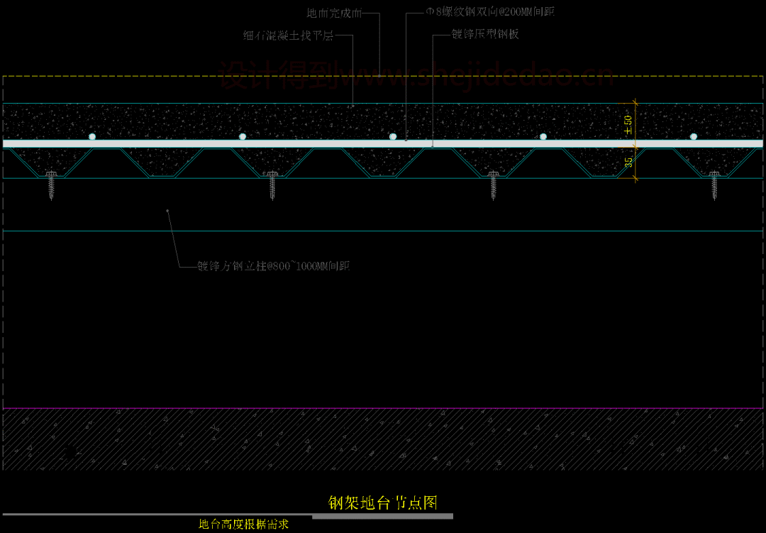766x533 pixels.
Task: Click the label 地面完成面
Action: (x=334, y=13)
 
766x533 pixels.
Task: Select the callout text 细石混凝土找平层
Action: (x=287, y=35)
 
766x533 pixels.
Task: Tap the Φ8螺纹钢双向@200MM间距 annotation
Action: (x=489, y=12)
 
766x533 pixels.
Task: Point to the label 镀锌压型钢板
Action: (x=485, y=34)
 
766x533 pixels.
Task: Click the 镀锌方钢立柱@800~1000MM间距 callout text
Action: (x=274, y=267)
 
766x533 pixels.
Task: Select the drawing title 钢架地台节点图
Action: (x=382, y=503)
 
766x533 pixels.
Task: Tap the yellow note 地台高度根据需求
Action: (x=243, y=524)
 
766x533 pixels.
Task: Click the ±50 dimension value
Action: (x=628, y=125)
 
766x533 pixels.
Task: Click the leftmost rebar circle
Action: (x=92, y=136)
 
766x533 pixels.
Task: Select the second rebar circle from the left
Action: (x=243, y=136)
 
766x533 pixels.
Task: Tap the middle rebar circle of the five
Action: (x=393, y=136)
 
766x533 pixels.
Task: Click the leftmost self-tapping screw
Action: (x=51, y=184)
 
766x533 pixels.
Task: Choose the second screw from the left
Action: (x=272, y=184)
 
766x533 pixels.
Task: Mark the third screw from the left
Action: (x=494, y=184)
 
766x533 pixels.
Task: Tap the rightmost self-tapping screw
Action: (x=715, y=184)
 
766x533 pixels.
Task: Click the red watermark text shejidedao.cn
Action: (x=415, y=74)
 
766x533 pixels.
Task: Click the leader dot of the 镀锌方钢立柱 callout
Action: (x=167, y=210)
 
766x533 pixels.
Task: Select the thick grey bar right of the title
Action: (x=383, y=516)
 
